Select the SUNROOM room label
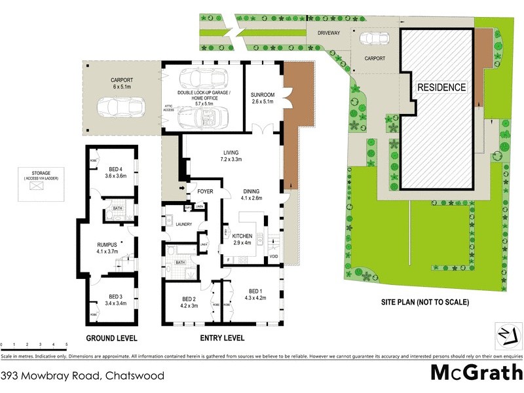(263, 96)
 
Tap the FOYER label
(205, 192)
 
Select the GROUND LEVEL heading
(111, 338)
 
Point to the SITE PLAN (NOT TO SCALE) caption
(426, 303)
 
